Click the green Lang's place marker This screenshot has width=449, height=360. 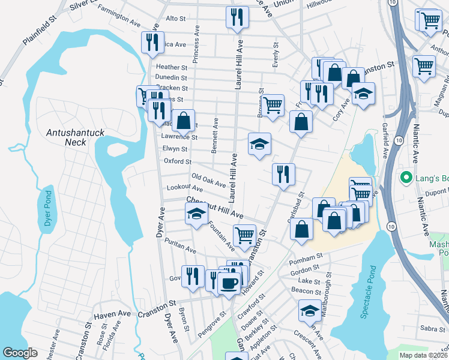click(406, 178)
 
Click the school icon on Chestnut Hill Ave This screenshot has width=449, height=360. click(196, 214)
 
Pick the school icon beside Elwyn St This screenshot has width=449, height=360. click(259, 145)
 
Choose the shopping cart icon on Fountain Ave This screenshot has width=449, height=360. click(244, 235)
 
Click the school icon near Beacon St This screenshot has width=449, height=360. click(310, 311)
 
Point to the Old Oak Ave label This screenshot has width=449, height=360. click(208, 180)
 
